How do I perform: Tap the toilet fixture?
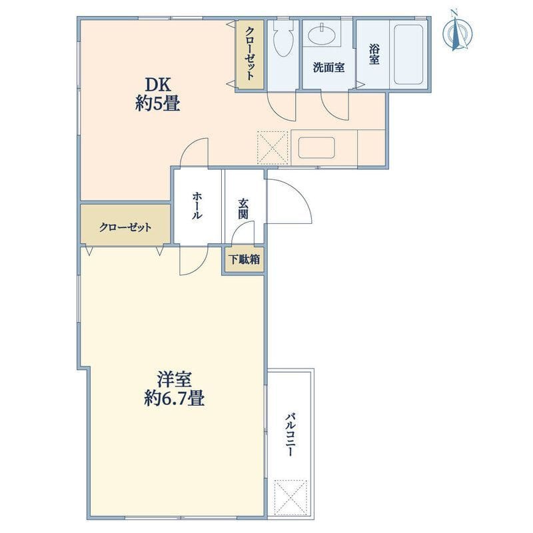pos(283,39)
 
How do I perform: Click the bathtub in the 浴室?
pos(408,54)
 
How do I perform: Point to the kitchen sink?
pos(316,147)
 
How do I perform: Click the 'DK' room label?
pos(158,85)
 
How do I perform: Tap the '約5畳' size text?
pos(157,103)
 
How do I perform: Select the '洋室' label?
pos(174,380)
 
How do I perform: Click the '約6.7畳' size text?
pos(174,398)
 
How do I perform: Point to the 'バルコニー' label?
pos(289,434)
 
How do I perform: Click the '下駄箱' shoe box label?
pos(244,260)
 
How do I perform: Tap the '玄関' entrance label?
pos(243,209)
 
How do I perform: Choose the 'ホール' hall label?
pos(197,206)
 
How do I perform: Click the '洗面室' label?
pos(328,67)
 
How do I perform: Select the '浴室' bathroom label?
pos(374,55)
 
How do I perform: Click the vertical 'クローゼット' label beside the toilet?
pos(250,53)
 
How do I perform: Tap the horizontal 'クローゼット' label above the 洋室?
pos(125,227)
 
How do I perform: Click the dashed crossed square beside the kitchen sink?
pos(272,148)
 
